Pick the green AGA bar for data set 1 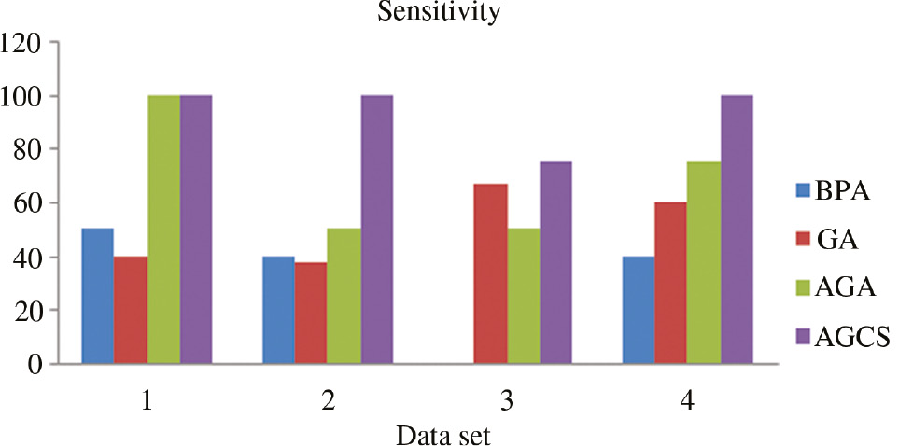coord(163,230)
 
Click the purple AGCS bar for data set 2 coord(376,230)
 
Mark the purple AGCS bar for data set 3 coord(555,262)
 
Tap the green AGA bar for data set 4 coord(703,262)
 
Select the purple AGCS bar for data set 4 coord(736,230)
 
